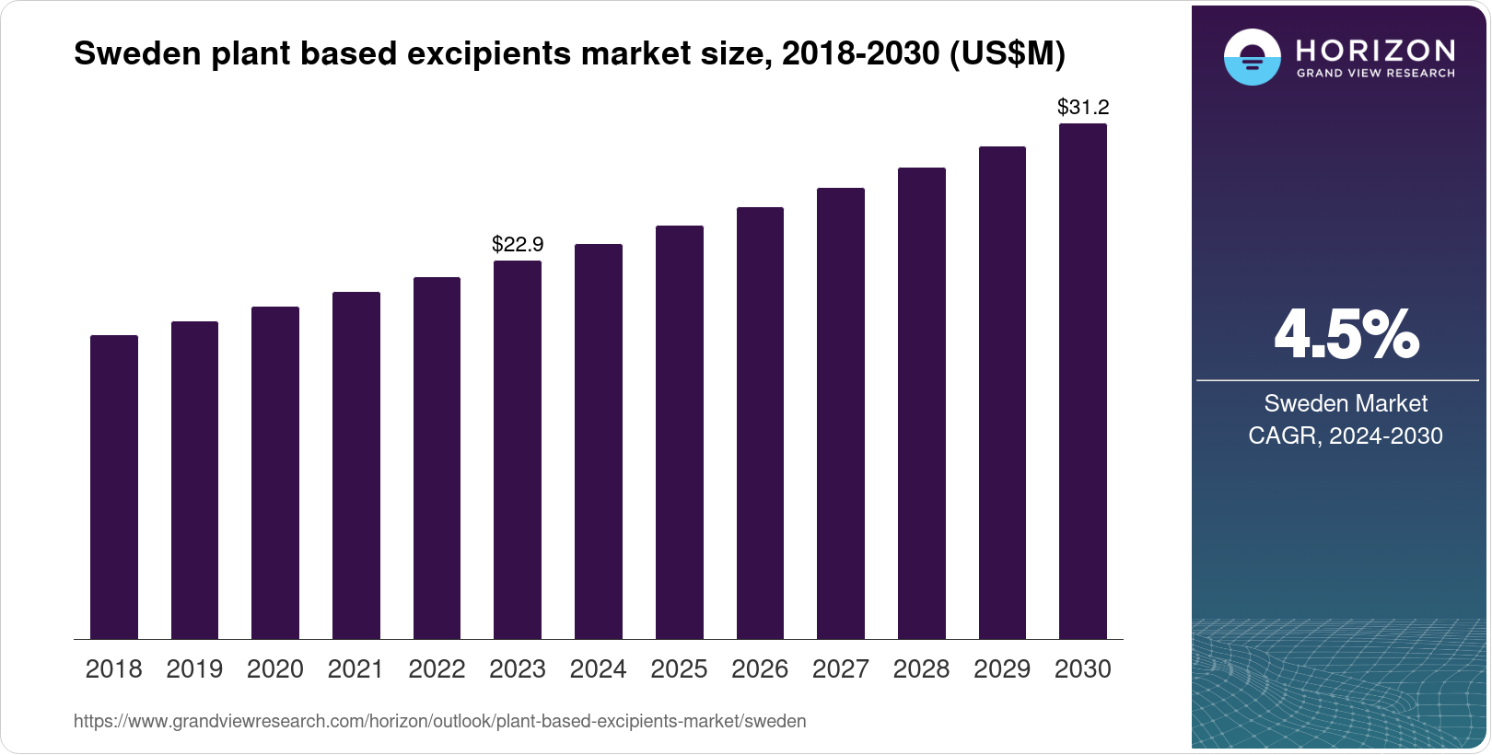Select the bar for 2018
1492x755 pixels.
[114, 487]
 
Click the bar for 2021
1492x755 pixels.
[356, 465]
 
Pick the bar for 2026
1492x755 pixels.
[760, 423]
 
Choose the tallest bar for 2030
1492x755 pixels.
[1083, 381]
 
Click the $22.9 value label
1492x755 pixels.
[518, 244]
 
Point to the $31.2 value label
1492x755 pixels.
[1083, 107]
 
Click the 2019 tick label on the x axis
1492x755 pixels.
[194, 669]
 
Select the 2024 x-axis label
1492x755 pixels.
[598, 669]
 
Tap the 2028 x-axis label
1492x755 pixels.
[921, 669]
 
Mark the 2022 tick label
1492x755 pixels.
[437, 669]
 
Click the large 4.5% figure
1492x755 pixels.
[1346, 335]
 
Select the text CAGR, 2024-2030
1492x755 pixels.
[1346, 436]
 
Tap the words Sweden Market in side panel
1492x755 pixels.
[1346, 403]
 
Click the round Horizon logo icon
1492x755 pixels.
[1252, 57]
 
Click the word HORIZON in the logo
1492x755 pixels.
[1375, 50]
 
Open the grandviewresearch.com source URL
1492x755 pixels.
[439, 722]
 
